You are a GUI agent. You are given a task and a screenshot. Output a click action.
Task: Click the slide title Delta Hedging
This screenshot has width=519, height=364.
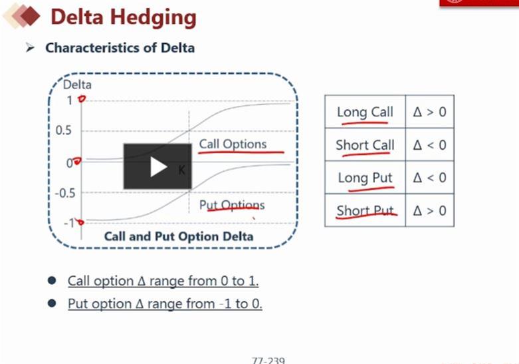124,17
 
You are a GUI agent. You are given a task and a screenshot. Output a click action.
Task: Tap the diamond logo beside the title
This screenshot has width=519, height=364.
21,16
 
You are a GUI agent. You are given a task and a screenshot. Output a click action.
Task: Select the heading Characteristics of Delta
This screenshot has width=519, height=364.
120,48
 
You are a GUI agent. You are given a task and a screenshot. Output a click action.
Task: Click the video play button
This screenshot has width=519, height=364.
157,166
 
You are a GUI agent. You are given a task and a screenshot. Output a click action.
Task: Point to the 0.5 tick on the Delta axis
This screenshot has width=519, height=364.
63,130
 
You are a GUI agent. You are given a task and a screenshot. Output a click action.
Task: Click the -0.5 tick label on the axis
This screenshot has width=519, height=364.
65,193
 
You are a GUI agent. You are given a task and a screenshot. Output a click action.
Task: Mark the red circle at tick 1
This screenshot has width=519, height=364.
82,98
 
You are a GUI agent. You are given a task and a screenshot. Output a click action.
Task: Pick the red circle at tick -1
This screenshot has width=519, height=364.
80,222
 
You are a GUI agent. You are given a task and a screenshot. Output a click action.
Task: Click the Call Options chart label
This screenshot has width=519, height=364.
233,144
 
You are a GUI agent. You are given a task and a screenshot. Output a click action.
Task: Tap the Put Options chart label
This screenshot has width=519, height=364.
232,205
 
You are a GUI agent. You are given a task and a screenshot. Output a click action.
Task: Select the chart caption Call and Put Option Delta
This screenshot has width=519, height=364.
179,236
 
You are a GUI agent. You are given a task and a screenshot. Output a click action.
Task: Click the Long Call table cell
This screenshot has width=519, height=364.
365,112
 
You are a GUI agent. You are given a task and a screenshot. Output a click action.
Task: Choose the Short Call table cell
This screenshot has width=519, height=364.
365,145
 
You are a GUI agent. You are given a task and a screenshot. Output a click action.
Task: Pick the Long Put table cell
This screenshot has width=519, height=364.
365,178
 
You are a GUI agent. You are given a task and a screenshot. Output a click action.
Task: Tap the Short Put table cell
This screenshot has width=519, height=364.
365,210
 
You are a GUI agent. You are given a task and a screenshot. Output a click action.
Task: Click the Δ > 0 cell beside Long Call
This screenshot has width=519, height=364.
430,112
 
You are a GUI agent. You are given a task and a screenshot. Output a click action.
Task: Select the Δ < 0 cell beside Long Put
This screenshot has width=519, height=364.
430,178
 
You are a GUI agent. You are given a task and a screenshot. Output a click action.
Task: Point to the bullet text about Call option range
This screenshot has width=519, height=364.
163,281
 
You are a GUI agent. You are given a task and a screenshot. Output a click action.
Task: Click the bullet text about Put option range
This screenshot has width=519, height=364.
165,303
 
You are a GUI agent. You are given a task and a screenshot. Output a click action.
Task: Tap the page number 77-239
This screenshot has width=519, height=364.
268,361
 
